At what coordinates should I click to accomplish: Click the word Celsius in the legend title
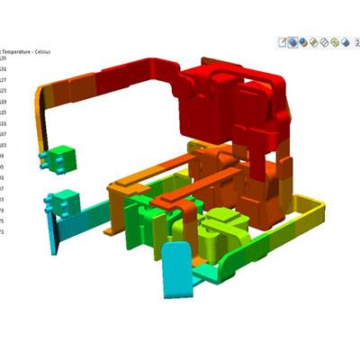40,52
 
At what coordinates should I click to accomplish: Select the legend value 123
3,91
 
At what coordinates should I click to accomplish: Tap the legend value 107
3,134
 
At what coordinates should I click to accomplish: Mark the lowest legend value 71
2,232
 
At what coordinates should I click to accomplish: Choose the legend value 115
3,112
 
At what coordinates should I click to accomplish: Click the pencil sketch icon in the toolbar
282,41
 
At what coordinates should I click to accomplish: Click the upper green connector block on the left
59,158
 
